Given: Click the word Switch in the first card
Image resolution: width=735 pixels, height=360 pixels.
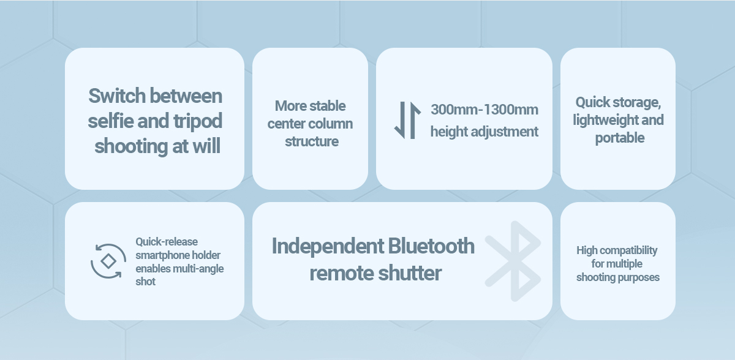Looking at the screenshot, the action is point(117,96).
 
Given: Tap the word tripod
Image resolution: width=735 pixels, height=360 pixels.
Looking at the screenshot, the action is point(198,122).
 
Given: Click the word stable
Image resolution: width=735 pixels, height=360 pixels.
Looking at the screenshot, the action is point(328,106).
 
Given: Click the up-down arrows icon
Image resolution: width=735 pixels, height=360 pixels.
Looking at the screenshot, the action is point(407,121).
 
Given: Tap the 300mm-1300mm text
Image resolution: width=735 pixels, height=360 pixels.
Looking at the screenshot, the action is point(484,110).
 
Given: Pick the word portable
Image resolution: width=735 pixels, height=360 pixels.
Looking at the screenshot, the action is point(620,138).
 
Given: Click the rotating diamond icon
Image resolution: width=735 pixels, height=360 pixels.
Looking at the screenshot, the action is point(108,261).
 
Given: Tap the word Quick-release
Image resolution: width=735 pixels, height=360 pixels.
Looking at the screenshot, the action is point(167,242).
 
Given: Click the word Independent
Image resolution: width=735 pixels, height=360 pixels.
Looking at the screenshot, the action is point(328,246).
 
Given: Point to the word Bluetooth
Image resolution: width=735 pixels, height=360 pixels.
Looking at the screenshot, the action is point(431,246).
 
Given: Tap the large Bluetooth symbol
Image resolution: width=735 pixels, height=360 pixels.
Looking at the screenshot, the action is point(513,261).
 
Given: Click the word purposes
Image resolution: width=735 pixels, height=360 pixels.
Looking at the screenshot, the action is point(638,278).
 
